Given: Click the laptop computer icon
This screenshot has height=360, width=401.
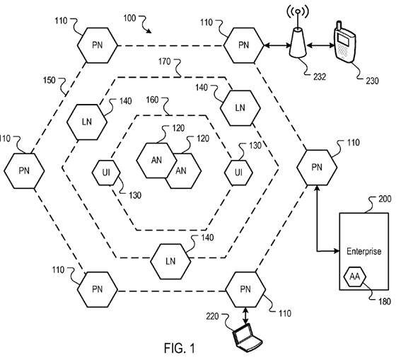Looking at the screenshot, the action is tap(247, 337).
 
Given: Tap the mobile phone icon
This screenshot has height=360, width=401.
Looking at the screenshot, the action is tap(344, 42).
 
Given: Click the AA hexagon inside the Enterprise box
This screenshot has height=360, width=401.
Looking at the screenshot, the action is tap(355, 277).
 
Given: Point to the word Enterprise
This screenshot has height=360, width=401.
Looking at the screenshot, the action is tap(364, 251).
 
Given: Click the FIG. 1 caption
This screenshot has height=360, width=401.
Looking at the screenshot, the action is tap(179, 348).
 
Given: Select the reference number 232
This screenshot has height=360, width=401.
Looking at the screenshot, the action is tap(320, 76).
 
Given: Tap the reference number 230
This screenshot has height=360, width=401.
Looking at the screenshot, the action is tap(372, 81).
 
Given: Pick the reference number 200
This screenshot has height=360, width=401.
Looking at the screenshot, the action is tap(385, 199).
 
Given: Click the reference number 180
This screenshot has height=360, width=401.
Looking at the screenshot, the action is tap(385, 302).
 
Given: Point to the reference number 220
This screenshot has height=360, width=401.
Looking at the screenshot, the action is tap(212, 317).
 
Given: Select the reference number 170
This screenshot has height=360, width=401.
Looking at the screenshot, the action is tap(164, 62).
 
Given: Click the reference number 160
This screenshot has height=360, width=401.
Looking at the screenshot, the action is tap(152, 100).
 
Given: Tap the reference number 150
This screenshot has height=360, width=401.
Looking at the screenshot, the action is tap(49, 81).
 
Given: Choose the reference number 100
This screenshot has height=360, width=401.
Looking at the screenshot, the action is tap(129, 18).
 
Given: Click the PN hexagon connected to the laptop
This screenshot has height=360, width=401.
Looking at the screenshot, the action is tap(245, 290).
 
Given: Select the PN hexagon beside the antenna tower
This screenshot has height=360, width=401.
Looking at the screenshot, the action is tap(243, 45).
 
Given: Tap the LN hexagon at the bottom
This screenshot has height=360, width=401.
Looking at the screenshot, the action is tap(170, 261).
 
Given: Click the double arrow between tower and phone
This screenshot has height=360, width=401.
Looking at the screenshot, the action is tap(320, 46).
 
